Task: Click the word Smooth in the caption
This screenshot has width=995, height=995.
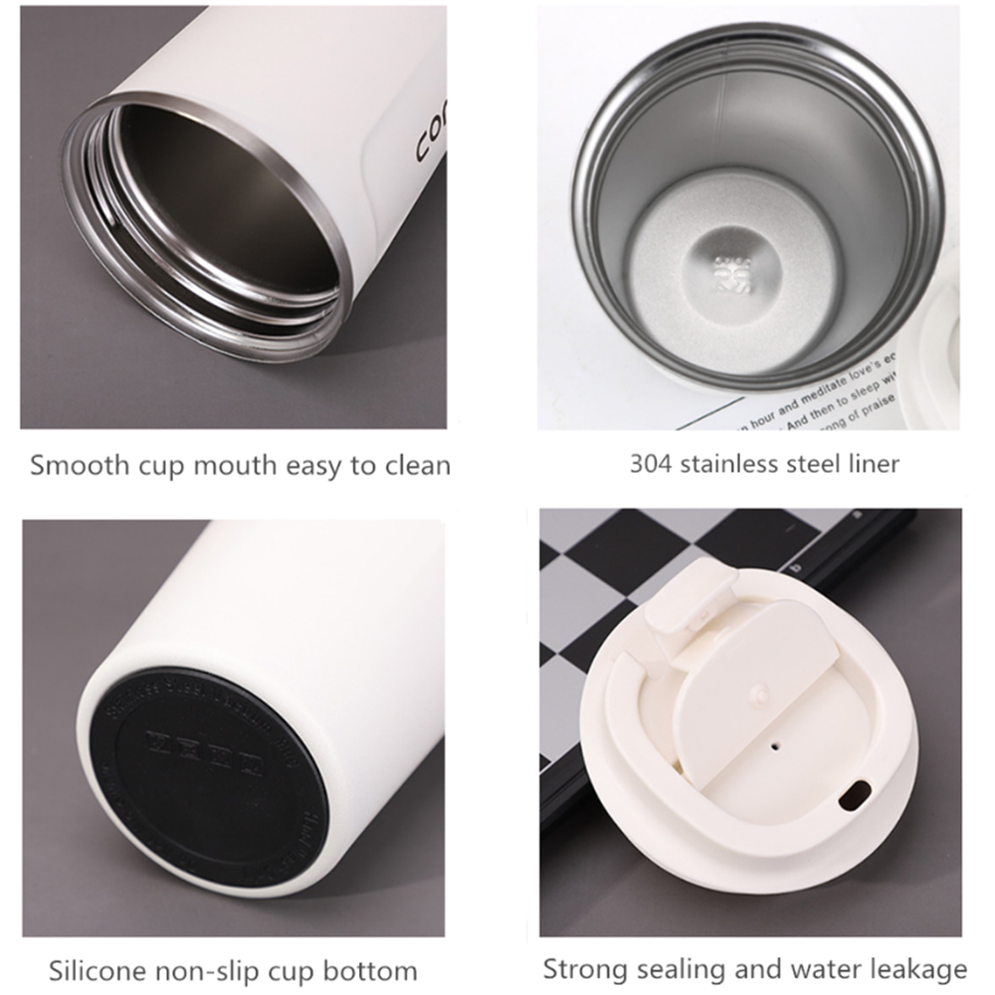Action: (x=73, y=465)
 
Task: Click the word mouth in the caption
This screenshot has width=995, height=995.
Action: (x=228, y=465)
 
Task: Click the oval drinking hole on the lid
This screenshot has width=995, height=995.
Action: (x=853, y=795)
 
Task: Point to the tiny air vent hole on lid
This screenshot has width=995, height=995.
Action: (x=774, y=741)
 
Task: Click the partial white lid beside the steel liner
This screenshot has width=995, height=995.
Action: (x=935, y=338)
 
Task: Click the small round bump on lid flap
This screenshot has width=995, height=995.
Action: (x=761, y=690)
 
